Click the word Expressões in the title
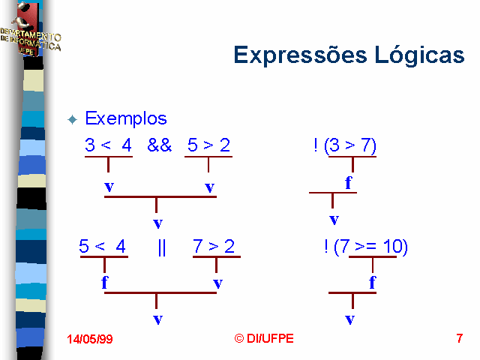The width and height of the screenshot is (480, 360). coord(300,55)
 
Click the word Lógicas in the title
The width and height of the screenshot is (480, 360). coord(419,55)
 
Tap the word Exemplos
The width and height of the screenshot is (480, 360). coord(126,118)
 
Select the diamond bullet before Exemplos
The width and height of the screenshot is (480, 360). coord(73,119)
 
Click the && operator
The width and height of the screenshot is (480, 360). coord(160,145)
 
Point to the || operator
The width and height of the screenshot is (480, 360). coord(162,247)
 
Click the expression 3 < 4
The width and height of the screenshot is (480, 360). coord(108,145)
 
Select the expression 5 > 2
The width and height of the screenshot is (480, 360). coord(208,145)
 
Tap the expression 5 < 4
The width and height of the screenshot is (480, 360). coord(102,246)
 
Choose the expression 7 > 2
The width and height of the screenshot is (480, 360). coord(214,246)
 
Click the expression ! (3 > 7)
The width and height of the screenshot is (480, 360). coord(345,145)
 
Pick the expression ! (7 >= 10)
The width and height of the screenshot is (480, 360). coord(366,247)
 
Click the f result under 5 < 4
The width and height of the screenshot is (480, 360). coord(105,282)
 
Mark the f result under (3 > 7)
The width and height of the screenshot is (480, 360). coord(348,183)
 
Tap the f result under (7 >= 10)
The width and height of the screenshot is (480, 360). coord(372,282)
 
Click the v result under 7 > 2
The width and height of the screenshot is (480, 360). coord(218,283)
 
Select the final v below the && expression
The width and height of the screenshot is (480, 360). coord(158,223)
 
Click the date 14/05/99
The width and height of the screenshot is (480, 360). coord(90,339)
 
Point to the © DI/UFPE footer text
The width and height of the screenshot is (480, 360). coord(264,338)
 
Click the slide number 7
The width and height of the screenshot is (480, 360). coord(460,338)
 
